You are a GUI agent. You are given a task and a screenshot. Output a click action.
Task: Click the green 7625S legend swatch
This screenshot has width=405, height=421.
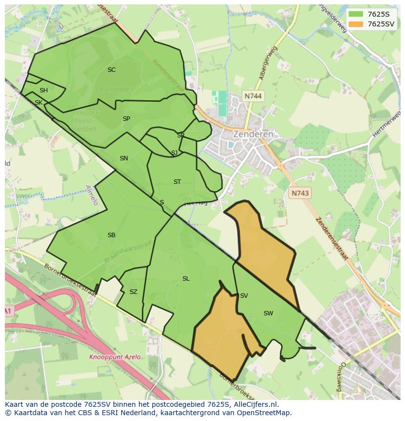point(356,14)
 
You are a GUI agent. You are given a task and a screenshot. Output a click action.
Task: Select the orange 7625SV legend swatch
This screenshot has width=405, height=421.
point(356,24)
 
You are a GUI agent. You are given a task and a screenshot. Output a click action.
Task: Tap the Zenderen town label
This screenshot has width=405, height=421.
point(253,134)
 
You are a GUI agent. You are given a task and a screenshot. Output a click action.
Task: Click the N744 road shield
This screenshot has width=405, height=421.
point(253,96)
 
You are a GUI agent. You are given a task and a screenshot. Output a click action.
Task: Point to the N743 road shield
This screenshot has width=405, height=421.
point(300,193)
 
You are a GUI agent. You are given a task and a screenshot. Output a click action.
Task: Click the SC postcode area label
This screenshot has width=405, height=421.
point(112,70)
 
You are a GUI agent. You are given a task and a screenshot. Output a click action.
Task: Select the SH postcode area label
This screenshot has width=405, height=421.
point(44,90)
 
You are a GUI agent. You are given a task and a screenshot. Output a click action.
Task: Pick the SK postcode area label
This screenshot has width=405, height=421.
point(38,103)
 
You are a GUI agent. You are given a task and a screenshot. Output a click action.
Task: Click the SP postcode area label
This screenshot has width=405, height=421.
point(126,119)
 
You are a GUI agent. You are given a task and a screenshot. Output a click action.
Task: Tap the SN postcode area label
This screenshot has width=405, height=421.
point(124,158)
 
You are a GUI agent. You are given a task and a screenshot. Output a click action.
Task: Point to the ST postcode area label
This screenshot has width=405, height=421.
point(177,182)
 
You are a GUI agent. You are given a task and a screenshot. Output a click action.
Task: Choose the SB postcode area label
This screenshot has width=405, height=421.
point(112,235)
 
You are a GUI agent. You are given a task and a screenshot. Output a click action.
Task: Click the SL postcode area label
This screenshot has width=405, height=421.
point(186,279)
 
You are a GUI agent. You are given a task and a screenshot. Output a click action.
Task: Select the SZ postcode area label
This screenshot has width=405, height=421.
point(133,292)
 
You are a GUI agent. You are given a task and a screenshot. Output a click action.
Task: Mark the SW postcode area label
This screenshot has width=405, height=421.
point(268,313)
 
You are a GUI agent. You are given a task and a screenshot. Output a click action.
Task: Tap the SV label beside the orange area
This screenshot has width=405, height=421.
point(244,296)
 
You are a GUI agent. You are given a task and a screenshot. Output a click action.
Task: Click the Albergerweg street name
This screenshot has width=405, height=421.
point(269,63)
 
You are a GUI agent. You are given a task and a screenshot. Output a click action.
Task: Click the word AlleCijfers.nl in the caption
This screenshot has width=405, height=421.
point(254,404)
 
